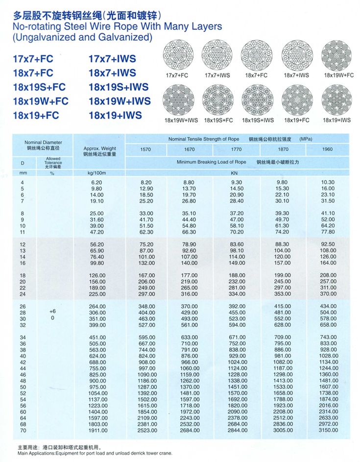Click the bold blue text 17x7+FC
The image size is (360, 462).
click(33, 59)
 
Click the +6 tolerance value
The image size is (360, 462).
click(52, 311)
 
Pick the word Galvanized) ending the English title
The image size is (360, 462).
click(126, 37)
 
